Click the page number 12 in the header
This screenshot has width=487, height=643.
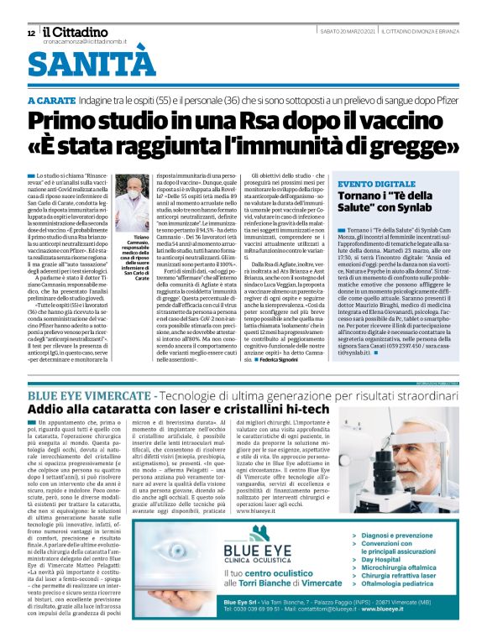click(30, 33)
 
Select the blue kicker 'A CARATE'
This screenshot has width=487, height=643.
click(52, 100)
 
